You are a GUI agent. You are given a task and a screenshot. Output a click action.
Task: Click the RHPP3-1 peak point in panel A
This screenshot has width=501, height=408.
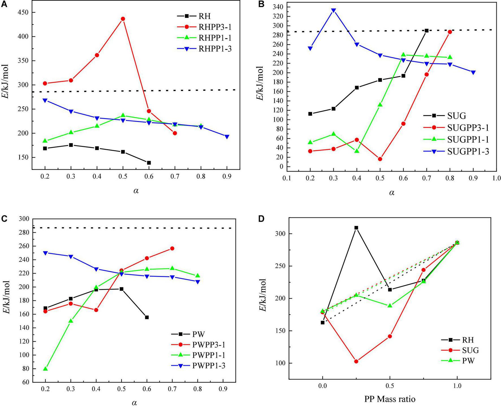(x=123, y=19)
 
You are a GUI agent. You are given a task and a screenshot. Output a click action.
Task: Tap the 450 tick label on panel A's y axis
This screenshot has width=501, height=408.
(x=22, y=12)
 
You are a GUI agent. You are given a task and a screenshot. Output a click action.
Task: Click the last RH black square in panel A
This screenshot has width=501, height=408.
(x=149, y=163)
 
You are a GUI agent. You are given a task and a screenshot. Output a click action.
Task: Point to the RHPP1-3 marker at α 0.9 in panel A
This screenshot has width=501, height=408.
(x=227, y=137)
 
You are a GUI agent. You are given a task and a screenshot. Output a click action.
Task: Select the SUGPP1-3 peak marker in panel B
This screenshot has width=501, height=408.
(x=334, y=11)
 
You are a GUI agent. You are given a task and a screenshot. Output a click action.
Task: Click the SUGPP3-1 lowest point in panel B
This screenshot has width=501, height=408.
(x=380, y=159)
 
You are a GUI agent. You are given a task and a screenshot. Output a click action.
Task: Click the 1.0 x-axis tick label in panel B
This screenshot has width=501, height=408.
(x=496, y=178)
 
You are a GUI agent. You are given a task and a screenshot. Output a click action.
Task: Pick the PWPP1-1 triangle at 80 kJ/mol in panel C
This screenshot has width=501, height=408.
(x=45, y=368)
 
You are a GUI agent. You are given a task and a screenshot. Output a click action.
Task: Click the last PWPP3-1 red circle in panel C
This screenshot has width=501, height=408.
(x=172, y=248)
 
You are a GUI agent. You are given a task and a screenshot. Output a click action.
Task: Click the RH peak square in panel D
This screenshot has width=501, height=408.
(x=356, y=228)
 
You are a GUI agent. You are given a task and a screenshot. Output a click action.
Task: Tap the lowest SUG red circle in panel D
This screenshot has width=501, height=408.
(x=356, y=361)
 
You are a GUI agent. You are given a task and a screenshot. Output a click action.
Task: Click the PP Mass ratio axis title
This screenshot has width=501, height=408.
(x=390, y=399)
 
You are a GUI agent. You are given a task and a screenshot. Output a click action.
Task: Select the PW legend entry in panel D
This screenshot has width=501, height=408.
(x=468, y=360)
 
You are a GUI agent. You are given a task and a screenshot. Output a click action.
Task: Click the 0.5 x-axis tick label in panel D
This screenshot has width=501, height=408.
(x=390, y=386)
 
